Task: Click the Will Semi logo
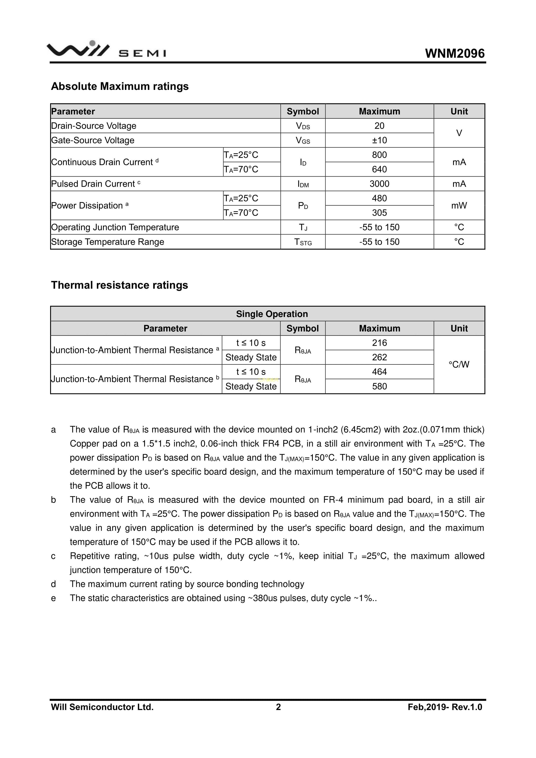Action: tap(106, 50)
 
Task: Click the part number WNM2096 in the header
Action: tap(455, 54)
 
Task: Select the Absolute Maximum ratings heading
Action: tap(120, 86)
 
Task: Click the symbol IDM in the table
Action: tap(303, 184)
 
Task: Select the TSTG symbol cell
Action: tap(303, 242)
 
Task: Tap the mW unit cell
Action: tap(459, 206)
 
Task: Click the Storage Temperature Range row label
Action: tap(108, 242)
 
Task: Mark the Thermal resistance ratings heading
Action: tap(119, 285)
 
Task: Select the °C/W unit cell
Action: tap(459, 365)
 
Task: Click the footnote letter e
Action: tap(53, 598)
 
